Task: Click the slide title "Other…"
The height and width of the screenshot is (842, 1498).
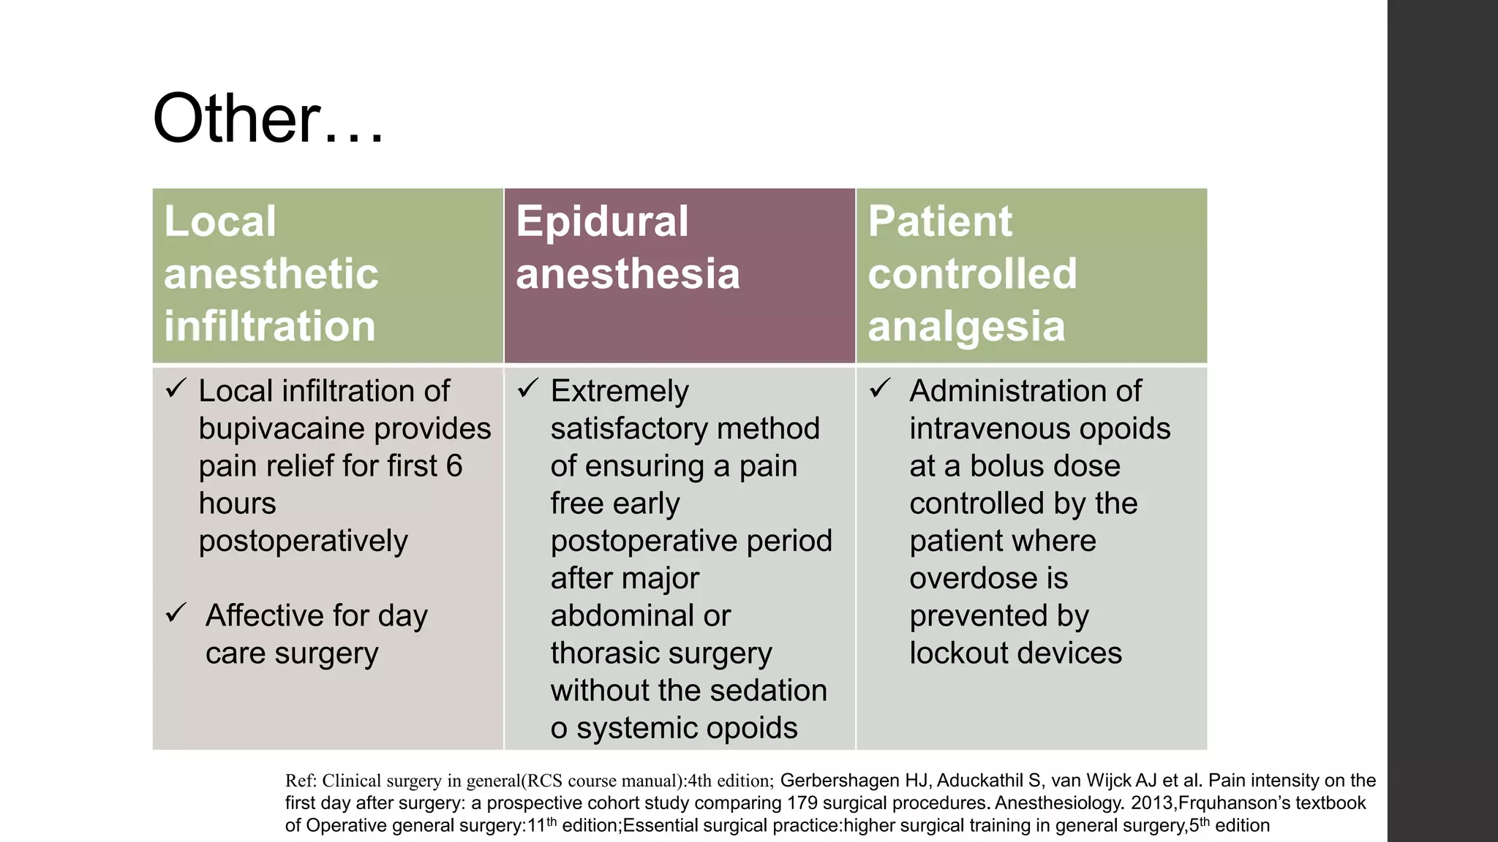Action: pos(268,118)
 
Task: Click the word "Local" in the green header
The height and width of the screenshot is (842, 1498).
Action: pos(220,221)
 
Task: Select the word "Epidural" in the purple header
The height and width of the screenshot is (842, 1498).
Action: pos(602,221)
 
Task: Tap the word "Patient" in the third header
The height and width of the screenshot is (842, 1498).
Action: pos(940,221)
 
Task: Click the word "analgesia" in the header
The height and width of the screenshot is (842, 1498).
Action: pos(966,326)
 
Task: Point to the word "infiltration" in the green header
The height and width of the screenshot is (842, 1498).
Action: pos(269,326)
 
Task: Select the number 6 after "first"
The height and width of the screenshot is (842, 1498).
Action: pos(453,466)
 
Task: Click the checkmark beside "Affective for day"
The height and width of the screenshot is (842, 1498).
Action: pos(176,612)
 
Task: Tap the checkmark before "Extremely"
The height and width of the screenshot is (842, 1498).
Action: pos(527,387)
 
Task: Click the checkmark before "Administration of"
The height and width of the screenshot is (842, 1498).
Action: pos(880,387)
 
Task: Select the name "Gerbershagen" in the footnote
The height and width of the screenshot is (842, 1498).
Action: pos(839,781)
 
